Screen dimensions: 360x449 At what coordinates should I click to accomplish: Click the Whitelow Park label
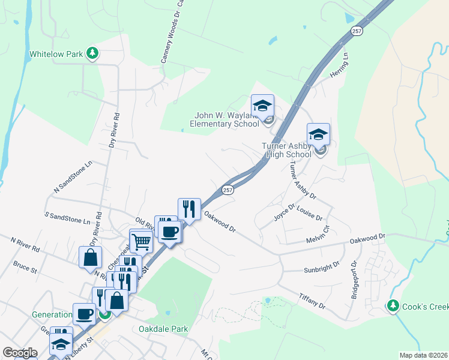pyautogui.click(x=56, y=54)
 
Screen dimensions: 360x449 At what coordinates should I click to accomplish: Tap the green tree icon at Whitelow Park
pyautogui.click(x=92, y=54)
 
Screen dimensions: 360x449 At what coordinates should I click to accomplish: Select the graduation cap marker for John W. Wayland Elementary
pyautogui.click(x=262, y=106)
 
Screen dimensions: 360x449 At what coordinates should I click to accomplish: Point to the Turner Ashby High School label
pyautogui.click(x=287, y=150)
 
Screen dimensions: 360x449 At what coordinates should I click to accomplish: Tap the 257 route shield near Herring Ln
pyautogui.click(x=357, y=31)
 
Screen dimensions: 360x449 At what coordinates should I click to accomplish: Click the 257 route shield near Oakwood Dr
pyautogui.click(x=228, y=190)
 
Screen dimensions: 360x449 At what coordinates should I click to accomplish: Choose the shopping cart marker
pyautogui.click(x=141, y=241)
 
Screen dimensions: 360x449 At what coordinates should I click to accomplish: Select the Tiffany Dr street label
pyautogui.click(x=312, y=302)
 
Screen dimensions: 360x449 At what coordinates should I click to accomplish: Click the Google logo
pyautogui.click(x=20, y=353)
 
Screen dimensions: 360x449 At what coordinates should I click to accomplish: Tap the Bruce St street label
pyautogui.click(x=25, y=264)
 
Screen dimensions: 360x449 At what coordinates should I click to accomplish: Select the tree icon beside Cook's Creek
pyautogui.click(x=393, y=306)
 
